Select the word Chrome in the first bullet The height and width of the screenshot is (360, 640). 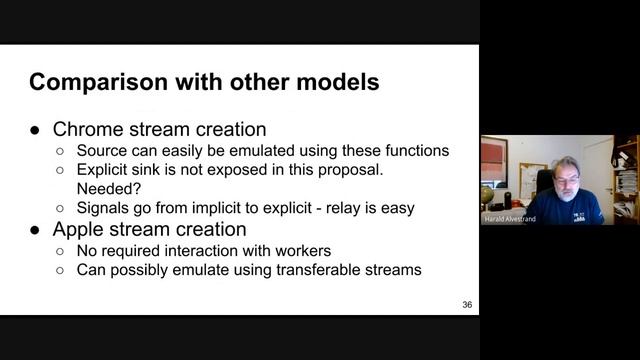click(x=84, y=130)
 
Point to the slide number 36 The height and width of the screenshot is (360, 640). click(x=467, y=304)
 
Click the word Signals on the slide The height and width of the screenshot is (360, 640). click(x=105, y=208)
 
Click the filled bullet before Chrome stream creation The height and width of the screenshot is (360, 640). click(x=35, y=131)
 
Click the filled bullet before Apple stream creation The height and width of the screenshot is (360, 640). click(x=35, y=231)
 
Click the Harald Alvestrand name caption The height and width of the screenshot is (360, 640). click(x=511, y=219)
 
